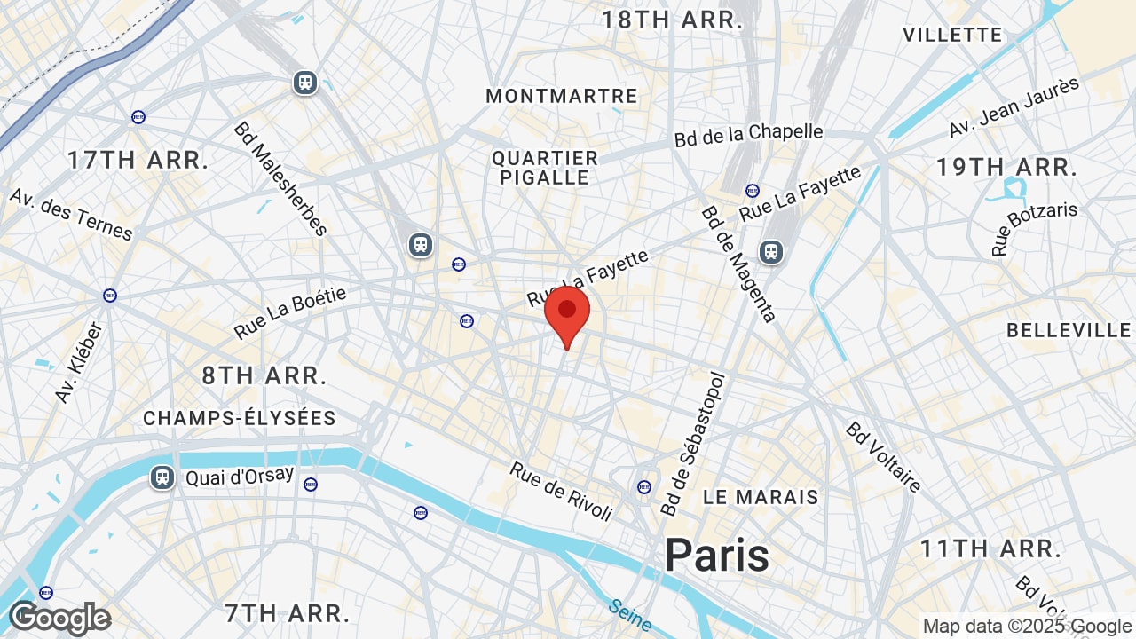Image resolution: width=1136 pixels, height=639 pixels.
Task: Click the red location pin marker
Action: coord(567,312)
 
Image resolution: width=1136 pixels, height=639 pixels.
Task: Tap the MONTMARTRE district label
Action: coord(561,96)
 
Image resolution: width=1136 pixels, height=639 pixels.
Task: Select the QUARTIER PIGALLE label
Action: coord(545,168)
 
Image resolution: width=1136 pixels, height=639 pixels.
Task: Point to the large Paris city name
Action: coord(717,555)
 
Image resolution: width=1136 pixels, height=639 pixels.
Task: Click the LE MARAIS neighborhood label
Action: coord(761,497)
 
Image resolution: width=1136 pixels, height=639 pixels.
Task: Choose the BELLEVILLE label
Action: coord(1069,330)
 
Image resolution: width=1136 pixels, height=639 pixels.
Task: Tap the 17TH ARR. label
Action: coord(138,161)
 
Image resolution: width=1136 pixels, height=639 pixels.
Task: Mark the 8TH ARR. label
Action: coord(264,375)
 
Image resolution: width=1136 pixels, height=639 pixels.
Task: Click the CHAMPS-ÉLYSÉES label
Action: coord(240,418)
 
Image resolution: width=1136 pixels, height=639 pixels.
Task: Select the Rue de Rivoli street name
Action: coord(561,491)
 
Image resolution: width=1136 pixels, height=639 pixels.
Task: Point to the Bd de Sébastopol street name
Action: coord(693,445)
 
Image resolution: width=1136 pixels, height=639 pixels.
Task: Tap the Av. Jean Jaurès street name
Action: coord(1014,107)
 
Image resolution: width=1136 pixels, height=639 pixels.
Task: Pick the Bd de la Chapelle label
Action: coord(749,134)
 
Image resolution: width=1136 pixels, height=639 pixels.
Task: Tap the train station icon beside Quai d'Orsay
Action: coord(162,477)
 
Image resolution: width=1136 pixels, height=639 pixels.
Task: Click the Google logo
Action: coord(59,618)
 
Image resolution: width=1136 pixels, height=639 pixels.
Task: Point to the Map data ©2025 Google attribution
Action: coord(1026,627)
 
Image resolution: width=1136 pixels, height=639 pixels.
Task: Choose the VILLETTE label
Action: coord(952,35)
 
